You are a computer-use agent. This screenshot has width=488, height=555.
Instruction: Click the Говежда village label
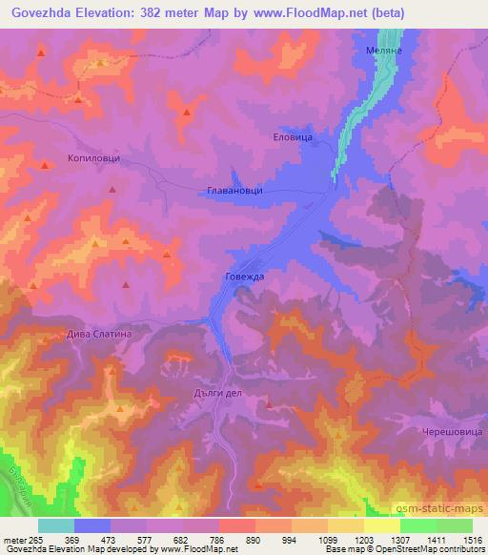244,276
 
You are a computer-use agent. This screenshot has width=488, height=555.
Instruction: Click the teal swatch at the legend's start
56,525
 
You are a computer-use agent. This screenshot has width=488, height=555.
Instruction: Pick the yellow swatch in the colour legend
381,525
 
